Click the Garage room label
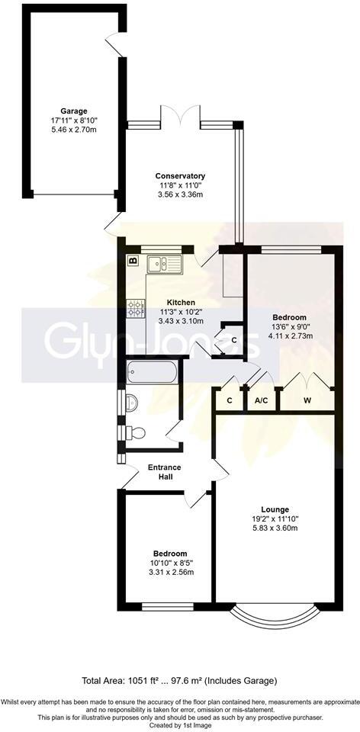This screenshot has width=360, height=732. (x=75, y=111)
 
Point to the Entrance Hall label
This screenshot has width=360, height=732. (x=160, y=472)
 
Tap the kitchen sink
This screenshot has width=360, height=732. (x=165, y=264)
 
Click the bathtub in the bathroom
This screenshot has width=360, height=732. (x=152, y=373)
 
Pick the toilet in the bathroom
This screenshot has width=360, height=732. (x=134, y=433)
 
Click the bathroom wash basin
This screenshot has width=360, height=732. (x=130, y=401)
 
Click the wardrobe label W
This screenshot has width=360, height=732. (x=307, y=400)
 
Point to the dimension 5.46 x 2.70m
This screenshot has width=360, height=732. (x=75, y=129)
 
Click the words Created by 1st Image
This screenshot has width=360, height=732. (x=180, y=726)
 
